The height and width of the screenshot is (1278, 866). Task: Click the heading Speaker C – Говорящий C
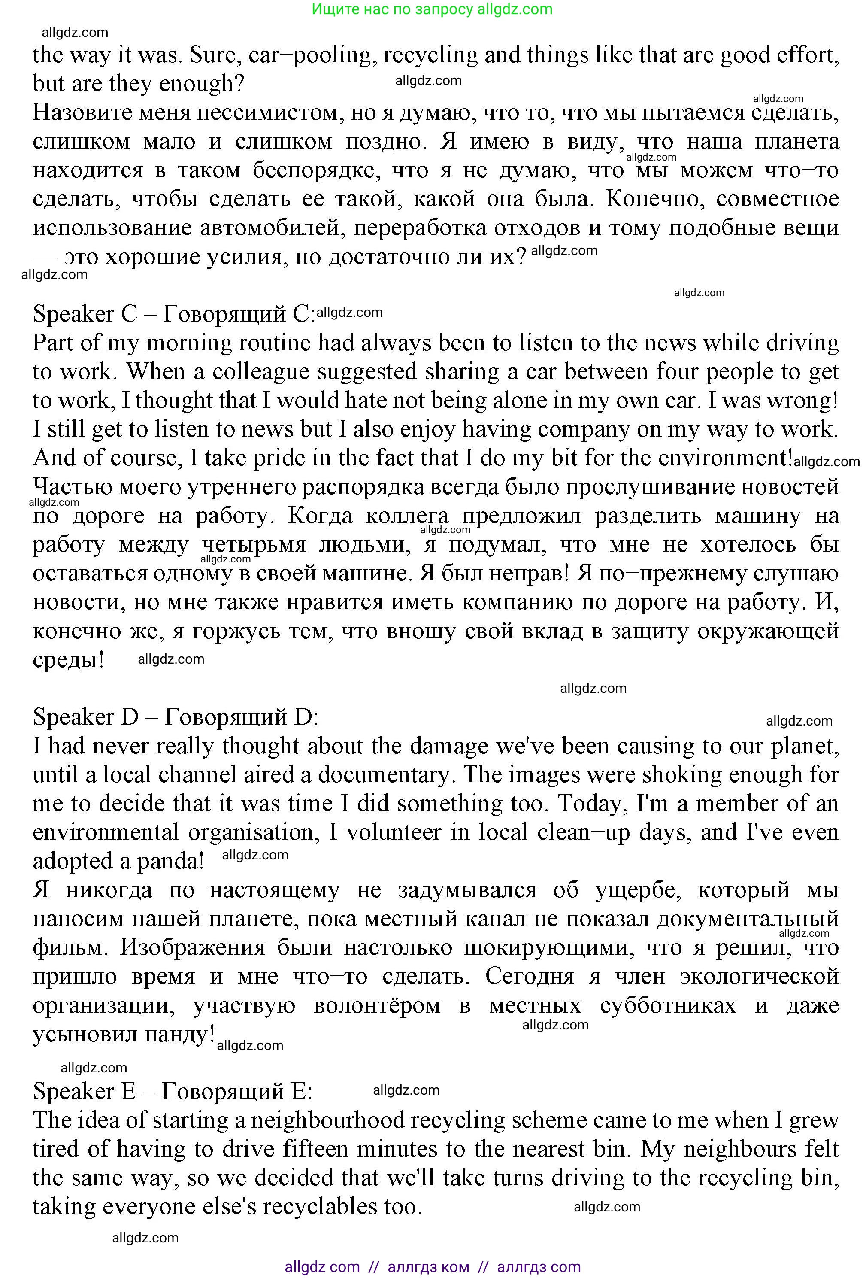174,314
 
